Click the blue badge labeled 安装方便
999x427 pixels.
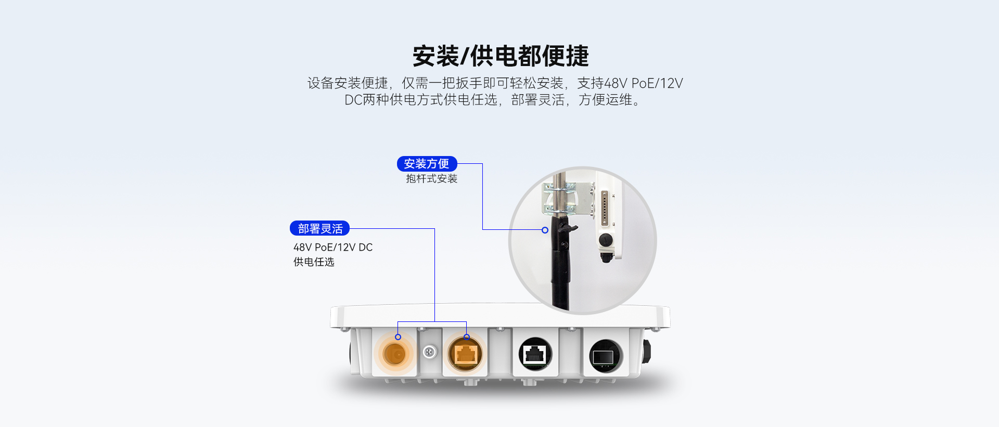pos(427,164)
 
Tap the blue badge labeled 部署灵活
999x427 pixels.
pos(319,228)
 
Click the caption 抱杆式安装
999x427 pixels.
pos(431,179)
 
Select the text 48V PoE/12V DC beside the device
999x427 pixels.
pos(333,248)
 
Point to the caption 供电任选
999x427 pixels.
pos(314,262)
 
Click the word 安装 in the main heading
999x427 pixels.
pos(436,56)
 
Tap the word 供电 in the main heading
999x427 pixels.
pos(494,56)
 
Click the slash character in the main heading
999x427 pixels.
pos(465,56)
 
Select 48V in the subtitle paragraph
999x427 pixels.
pos(616,83)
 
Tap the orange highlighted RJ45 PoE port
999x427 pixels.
pos(465,354)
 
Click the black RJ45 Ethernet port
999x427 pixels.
pos(535,355)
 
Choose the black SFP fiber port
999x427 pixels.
pos(606,356)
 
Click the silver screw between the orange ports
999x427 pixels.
pos(430,352)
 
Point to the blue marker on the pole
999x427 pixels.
pos(545,230)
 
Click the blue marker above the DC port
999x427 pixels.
pos(398,337)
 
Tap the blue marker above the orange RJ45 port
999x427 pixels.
pos(467,337)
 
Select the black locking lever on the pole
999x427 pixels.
pos(565,227)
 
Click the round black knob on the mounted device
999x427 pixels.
pos(605,240)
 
